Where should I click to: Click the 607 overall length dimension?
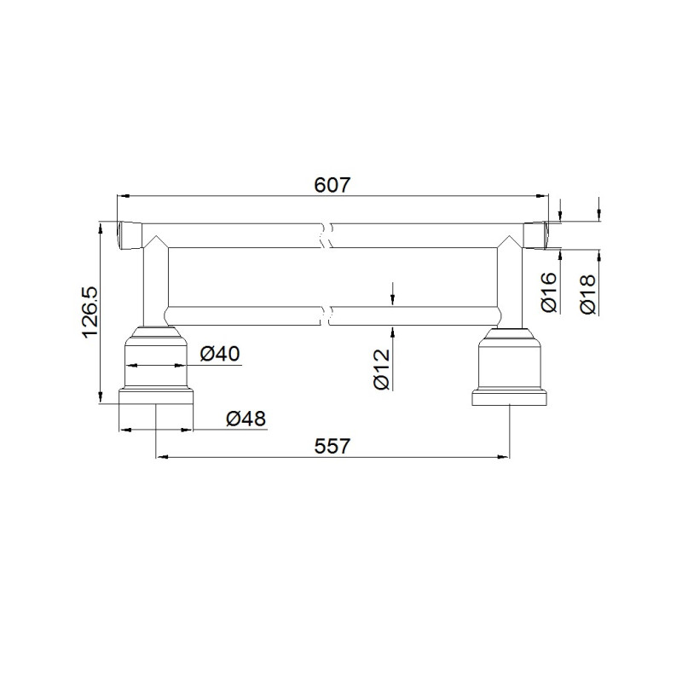(332, 185)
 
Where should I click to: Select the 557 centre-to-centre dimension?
(332, 446)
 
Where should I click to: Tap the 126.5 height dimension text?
(90, 312)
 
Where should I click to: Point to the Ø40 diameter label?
(220, 354)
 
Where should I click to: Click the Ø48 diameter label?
(246, 419)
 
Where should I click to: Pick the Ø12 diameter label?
(382, 369)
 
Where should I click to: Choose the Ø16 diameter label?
(549, 292)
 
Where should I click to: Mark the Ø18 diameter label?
(588, 294)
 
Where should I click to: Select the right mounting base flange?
(509, 398)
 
